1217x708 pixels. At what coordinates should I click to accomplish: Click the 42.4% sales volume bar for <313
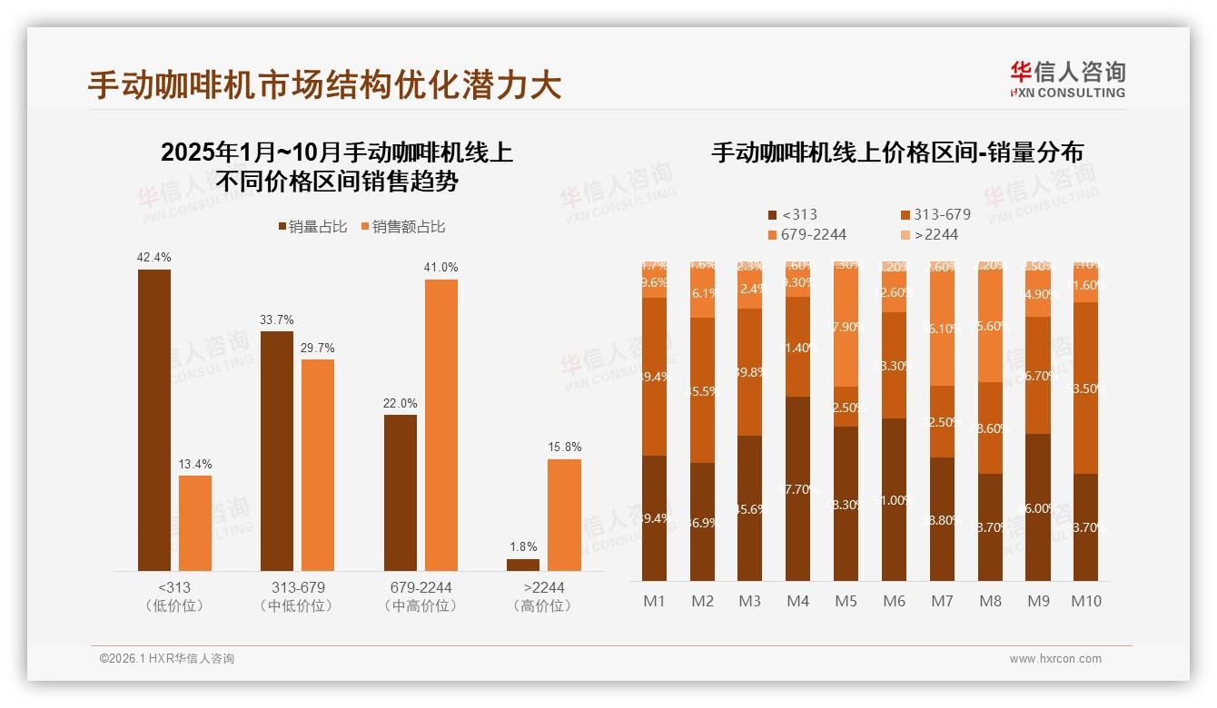coord(154,419)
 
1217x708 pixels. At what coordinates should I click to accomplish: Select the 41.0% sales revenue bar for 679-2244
coord(441,425)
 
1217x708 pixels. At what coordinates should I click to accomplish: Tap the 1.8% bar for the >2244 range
coord(523,565)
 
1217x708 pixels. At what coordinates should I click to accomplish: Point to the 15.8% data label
coord(565,447)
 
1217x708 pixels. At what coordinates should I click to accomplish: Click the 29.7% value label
coord(318,348)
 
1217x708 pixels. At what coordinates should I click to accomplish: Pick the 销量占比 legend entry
coord(312,227)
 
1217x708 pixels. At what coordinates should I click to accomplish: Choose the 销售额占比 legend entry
coord(402,227)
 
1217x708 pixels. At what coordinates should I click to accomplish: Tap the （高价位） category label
coord(543,605)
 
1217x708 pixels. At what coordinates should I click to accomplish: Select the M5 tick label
coord(846,601)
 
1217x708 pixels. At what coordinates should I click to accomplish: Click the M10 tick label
coord(1085,601)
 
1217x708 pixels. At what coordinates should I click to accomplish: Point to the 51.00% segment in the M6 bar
coord(895,499)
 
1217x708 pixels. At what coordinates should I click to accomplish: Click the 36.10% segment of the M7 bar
coord(943,329)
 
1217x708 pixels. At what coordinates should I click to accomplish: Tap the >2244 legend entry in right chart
coord(935,234)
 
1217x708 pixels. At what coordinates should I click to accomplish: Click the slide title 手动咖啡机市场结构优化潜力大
coord(325,84)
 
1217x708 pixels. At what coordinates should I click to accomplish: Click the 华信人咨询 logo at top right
coord(1067,79)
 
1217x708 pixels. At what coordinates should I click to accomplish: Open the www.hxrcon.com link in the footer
coord(1055,659)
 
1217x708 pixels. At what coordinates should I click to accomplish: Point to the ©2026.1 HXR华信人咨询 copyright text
coord(167,659)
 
